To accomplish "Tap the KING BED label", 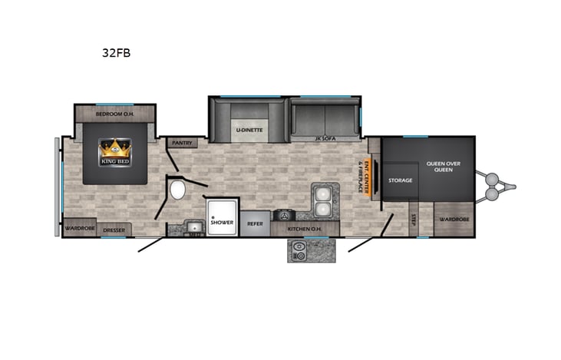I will [x=116, y=161].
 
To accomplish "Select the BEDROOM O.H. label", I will [x=115, y=114].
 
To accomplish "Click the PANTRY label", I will [x=182, y=142].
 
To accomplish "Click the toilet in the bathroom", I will [x=178, y=189].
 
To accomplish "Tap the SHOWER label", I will [x=222, y=222].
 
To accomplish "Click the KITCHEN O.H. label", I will [x=302, y=229].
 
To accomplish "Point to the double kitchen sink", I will [x=323, y=199].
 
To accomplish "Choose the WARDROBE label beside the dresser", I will [x=79, y=229].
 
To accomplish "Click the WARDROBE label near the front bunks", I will [x=454, y=220].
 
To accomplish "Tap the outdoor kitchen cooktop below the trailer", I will [x=299, y=250].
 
